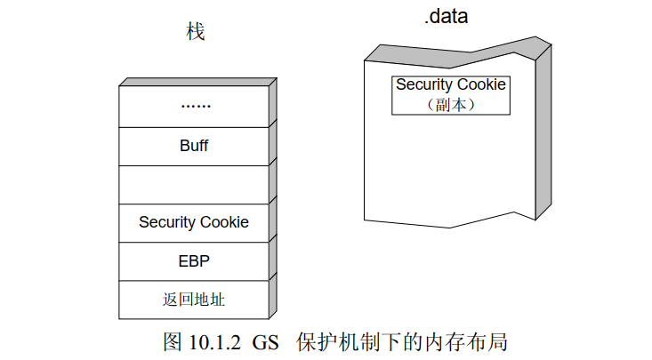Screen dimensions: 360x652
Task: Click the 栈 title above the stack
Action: [x=196, y=33]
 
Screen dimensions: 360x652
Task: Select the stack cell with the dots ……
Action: [x=194, y=106]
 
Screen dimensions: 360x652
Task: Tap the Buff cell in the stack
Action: [x=194, y=146]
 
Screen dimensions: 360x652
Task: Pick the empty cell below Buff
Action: [x=194, y=184]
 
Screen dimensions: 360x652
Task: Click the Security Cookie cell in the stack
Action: [x=194, y=222]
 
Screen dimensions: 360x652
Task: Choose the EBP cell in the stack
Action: [x=194, y=261]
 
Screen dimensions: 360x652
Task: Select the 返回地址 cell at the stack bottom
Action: [x=194, y=300]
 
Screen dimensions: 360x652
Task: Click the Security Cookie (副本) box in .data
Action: [x=451, y=94]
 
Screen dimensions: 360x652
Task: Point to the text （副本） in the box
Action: [x=451, y=104]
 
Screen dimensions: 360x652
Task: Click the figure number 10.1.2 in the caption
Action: [x=212, y=342]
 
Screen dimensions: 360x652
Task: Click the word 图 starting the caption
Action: [x=172, y=342]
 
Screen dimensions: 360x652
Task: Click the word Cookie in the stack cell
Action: [x=223, y=222]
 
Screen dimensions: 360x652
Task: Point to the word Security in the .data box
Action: [x=423, y=85]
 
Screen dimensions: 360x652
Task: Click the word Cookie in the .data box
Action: [x=480, y=85]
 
